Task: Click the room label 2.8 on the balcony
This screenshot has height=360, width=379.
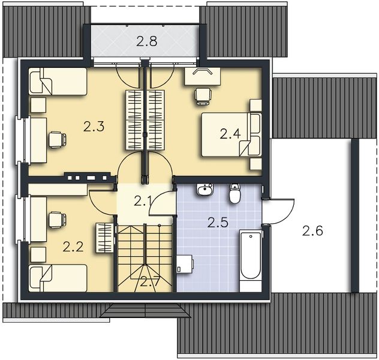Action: (147, 41)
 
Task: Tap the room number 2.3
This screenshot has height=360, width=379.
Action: (94, 127)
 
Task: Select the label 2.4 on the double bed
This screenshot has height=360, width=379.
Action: (230, 134)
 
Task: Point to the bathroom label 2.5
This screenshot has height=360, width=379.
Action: (218, 223)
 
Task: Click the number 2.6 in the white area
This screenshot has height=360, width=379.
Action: (312, 230)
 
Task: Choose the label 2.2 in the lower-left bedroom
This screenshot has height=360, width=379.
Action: (73, 247)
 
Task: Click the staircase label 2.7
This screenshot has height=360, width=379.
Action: (150, 281)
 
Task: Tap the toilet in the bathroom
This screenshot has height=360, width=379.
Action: (234, 193)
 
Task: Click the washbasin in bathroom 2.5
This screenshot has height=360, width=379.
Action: (205, 190)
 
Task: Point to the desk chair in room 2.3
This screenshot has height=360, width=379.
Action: (58, 140)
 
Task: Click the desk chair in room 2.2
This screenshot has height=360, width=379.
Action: (58, 220)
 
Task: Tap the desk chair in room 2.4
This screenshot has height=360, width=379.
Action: (203, 96)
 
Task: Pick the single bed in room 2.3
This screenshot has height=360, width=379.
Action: (58, 81)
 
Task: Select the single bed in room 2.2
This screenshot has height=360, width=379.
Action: (58, 278)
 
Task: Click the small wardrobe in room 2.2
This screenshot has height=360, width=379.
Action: (105, 238)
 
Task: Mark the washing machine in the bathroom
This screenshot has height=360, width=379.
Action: (185, 264)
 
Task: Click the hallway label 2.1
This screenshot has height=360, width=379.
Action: (143, 201)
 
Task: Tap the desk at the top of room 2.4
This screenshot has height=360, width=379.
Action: (203, 76)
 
